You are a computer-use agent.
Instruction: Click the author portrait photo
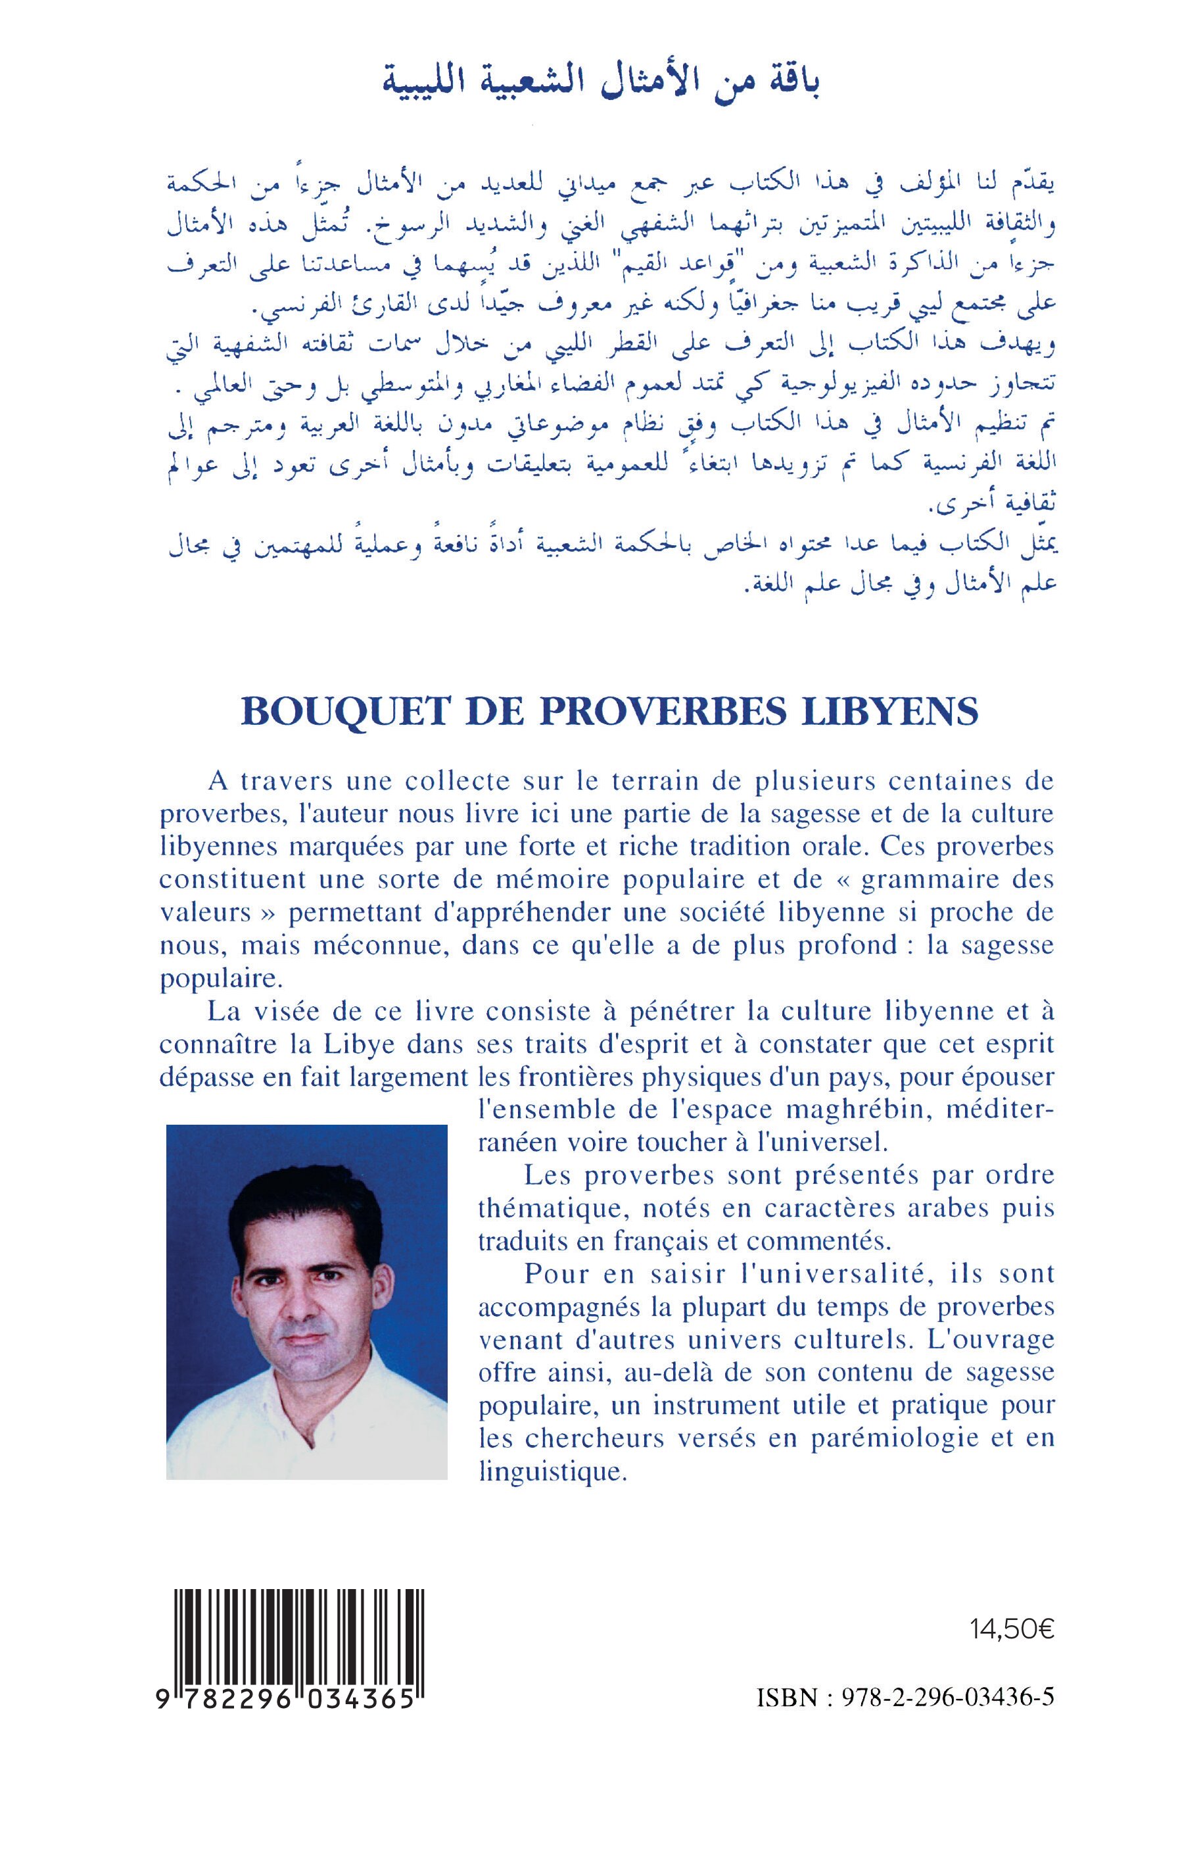click(306, 1302)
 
